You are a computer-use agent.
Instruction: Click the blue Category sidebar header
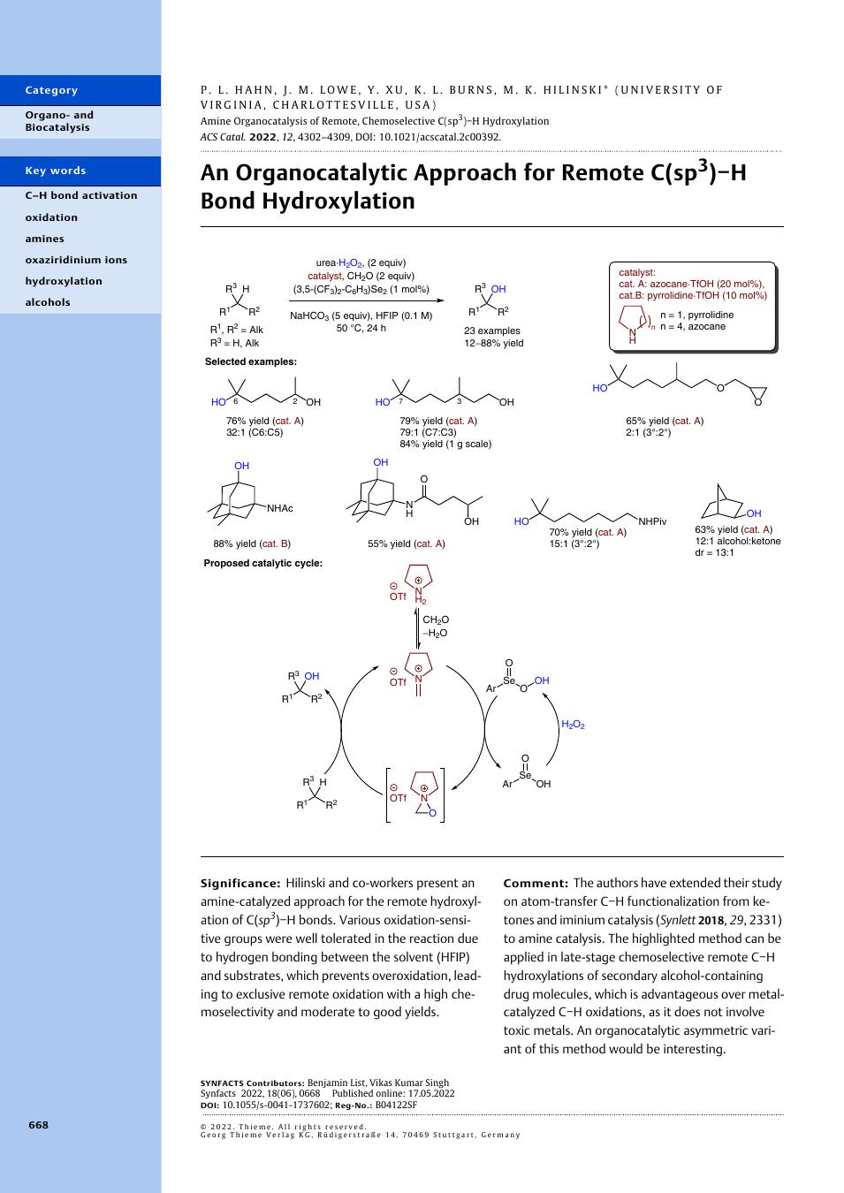pos(80,90)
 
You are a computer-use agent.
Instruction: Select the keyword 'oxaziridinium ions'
pos(76,260)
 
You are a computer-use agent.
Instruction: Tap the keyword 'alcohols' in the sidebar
pos(48,302)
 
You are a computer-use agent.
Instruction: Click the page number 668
pos(38,1124)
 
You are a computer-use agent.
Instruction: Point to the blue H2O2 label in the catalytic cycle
pos(573,725)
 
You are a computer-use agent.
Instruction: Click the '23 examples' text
pos(492,331)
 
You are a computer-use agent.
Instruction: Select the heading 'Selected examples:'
pos(251,361)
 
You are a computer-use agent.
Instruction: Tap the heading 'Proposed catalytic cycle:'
pos(263,563)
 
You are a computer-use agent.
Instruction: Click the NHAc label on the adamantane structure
pos(280,508)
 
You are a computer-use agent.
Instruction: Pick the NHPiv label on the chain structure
pos(652,521)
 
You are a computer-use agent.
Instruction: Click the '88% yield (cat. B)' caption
pos(252,543)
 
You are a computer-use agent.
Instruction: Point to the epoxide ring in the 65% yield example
pos(757,395)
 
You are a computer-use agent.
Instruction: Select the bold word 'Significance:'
pos(240,883)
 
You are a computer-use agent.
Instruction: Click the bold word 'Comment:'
pos(536,883)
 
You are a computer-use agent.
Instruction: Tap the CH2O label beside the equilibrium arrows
pos(436,620)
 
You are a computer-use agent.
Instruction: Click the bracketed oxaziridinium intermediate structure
pos(415,795)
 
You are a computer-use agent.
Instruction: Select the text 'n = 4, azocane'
pos(693,326)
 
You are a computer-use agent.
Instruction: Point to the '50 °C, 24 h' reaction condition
pos(361,328)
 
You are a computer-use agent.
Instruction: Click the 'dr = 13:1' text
pos(714,552)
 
